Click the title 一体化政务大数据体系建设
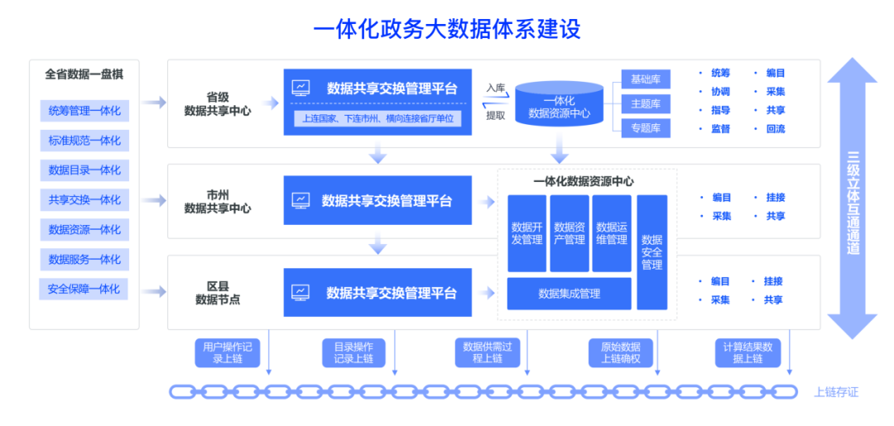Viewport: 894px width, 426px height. tap(447, 29)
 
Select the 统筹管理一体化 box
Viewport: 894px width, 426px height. tap(84, 111)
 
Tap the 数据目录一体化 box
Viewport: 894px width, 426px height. tap(84, 170)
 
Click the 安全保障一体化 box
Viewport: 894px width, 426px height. tap(84, 290)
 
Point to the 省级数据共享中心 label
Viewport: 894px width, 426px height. tap(218, 103)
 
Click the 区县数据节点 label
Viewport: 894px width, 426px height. tap(218, 293)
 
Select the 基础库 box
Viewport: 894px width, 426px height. tap(646, 79)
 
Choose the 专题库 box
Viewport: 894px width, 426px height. tap(646, 128)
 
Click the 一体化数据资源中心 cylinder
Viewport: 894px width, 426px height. tap(559, 106)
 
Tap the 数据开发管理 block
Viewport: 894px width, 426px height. tap(526, 233)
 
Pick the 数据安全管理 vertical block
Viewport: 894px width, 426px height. tap(651, 252)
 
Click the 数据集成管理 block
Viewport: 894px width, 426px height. tap(569, 294)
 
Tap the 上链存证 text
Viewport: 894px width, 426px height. tap(836, 392)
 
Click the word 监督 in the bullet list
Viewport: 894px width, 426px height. tap(720, 129)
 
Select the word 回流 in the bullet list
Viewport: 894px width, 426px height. tap(776, 129)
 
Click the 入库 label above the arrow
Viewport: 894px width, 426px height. tap(496, 88)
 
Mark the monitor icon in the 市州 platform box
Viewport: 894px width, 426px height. tap(300, 199)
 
